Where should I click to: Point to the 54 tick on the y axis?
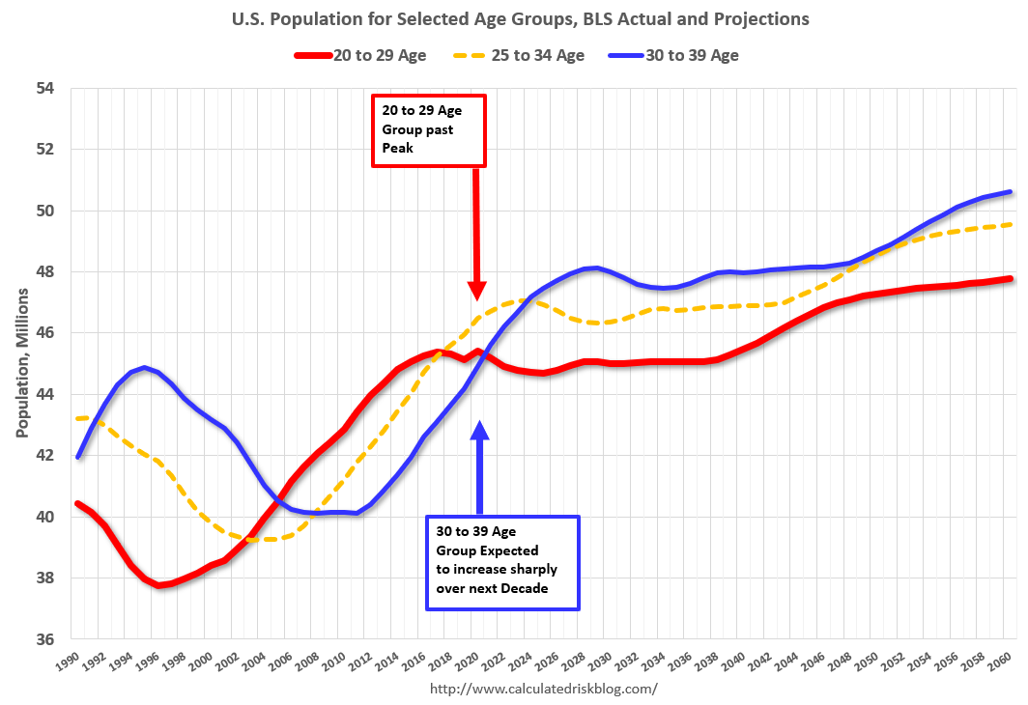coord(46,89)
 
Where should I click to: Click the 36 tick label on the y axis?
coord(46,639)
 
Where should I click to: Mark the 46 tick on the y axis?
coord(46,333)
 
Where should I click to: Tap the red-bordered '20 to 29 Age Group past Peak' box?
coord(429,130)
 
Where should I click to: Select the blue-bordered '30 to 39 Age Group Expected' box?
coord(502,563)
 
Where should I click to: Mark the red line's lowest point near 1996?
coord(160,585)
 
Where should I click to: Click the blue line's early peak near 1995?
coord(144,367)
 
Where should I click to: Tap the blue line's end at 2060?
coord(1010,191)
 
